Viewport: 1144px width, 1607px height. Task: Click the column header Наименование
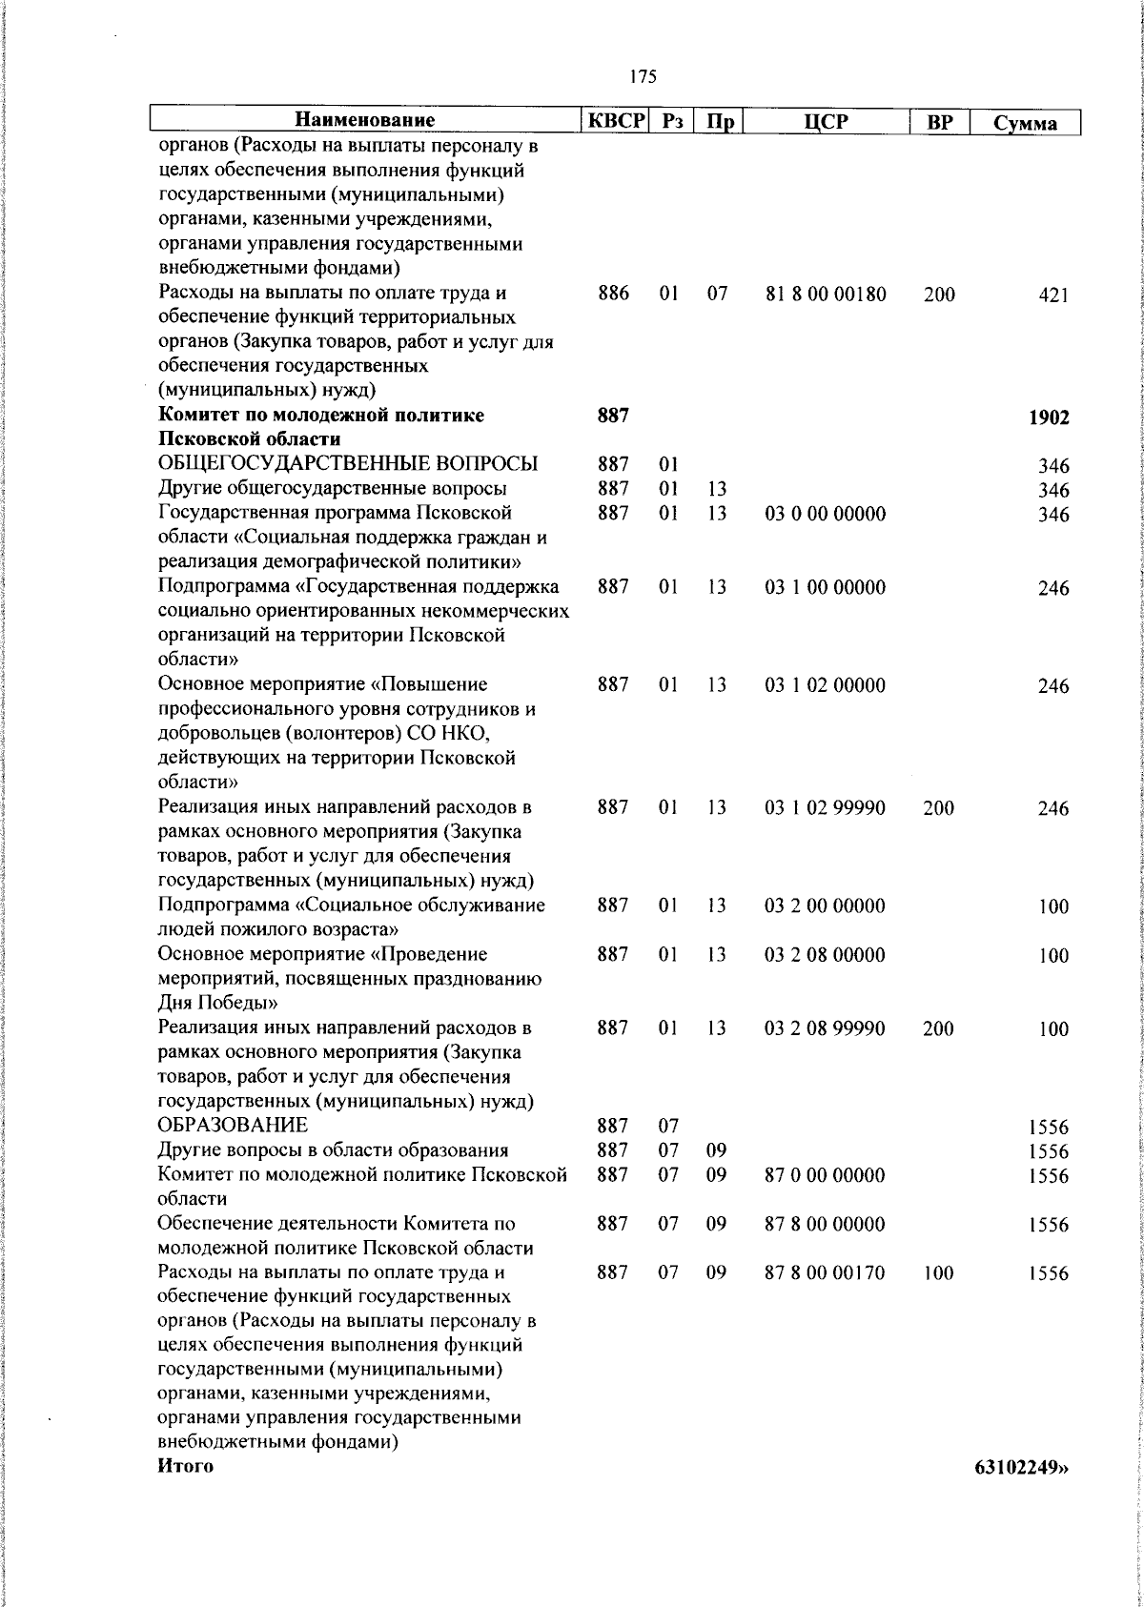pos(365,121)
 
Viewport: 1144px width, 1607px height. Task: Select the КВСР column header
pos(616,121)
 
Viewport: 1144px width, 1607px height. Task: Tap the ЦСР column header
pos(826,122)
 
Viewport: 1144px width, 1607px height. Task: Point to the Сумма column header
pos(1025,123)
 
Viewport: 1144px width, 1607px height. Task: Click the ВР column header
pos(939,122)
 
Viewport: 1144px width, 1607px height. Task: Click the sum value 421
pos(1053,295)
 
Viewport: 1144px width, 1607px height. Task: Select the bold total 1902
pos(1049,417)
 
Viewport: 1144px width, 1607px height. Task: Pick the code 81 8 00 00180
pos(826,295)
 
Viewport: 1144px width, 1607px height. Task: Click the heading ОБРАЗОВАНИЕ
pos(234,1126)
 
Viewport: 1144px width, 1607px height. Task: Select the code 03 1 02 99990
pos(826,808)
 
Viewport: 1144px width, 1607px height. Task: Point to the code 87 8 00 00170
pos(826,1273)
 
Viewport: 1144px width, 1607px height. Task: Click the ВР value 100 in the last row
pos(938,1273)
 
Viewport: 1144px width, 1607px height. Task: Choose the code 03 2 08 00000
pos(826,955)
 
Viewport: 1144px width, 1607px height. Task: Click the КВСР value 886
pos(613,294)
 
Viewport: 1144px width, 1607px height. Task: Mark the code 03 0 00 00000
pos(826,515)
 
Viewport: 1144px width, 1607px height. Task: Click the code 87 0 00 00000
pos(826,1175)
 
